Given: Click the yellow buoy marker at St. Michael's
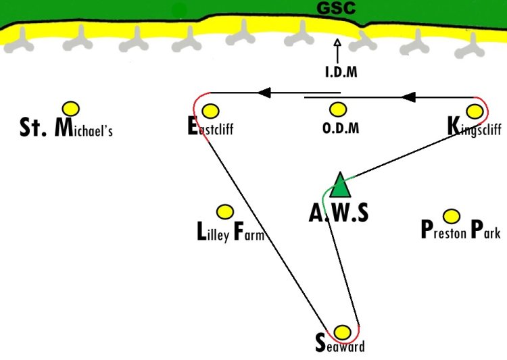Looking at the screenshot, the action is (71, 109).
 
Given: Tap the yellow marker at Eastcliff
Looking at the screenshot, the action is (210, 111).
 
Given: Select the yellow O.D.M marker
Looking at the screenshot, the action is (338, 109).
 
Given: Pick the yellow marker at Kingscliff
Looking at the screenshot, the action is (475, 111).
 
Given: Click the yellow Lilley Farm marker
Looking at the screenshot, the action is (225, 212).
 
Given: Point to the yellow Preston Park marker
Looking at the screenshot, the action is (452, 216).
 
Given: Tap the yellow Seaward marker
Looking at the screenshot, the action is (342, 332).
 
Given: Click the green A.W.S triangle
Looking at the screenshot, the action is (340, 185).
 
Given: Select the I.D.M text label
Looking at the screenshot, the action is (341, 72).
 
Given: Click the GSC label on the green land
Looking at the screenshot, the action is (336, 8).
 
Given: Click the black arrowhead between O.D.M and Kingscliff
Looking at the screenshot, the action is (408, 97).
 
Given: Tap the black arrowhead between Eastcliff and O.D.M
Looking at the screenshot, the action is (264, 93).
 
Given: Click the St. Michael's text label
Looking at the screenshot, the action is (66, 128).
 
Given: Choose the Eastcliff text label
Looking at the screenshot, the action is (210, 126).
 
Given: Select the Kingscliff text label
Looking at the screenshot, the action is (475, 127).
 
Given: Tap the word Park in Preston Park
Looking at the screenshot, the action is (485, 230).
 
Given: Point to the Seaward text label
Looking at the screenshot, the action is (340, 344).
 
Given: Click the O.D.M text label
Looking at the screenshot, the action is (341, 128).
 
